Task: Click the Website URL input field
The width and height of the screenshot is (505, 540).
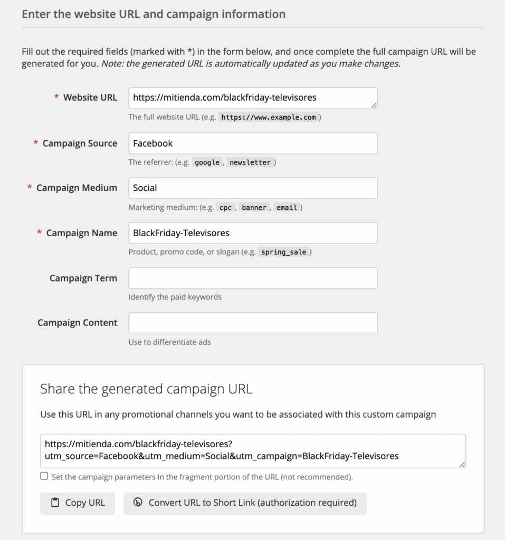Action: coord(253,98)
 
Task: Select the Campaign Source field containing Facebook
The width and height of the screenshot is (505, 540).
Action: coord(253,143)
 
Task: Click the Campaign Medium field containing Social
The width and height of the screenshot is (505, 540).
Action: coord(253,188)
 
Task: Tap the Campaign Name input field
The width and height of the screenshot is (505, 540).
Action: coord(253,233)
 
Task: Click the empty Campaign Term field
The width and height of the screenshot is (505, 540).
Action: coord(253,278)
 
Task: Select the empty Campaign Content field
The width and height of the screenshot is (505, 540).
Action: coord(253,323)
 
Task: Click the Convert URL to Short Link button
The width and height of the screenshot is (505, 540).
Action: coord(245,503)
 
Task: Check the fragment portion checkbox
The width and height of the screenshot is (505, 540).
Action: coord(44,476)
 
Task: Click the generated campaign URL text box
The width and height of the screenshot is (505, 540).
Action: coord(253,451)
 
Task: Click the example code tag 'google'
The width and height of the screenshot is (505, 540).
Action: coord(207,162)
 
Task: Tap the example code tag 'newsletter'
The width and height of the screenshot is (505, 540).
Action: coord(250,162)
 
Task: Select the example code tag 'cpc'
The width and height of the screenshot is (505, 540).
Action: coord(225,208)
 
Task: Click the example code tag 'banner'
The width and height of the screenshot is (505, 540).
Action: coord(254,208)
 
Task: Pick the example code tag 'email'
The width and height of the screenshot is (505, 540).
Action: coord(287,208)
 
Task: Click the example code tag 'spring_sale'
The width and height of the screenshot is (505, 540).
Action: coord(283,253)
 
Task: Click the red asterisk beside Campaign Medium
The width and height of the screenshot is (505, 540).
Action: coord(30,188)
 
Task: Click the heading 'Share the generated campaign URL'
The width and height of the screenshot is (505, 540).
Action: coord(146,389)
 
